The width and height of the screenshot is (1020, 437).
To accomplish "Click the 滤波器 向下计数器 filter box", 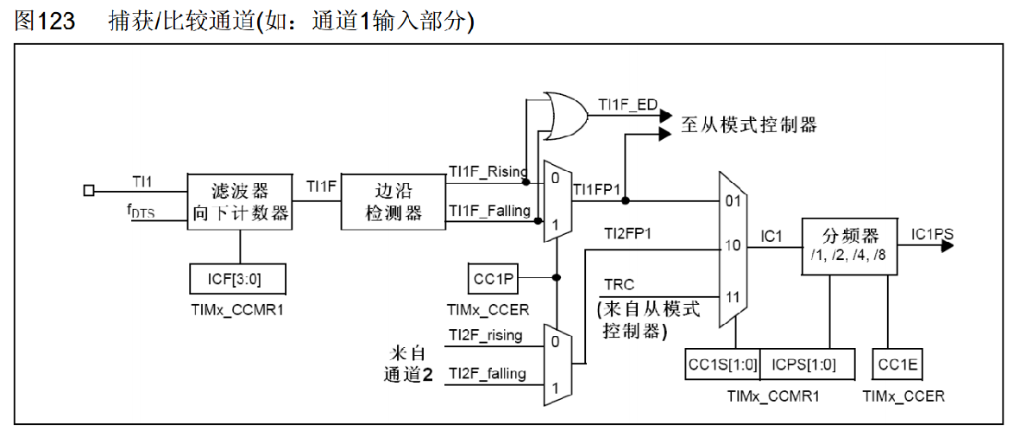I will pos(240,200).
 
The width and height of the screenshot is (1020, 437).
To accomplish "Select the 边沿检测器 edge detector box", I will pos(394,200).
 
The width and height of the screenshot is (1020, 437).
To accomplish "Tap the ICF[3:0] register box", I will pos(236,279).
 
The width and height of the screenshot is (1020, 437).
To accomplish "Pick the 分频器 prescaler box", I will pos(851,245).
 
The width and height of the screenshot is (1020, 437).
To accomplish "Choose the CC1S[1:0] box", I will pos(722,364).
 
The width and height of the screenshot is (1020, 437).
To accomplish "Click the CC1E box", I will pos(897,364).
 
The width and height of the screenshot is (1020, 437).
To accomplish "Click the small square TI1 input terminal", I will pos(88,190).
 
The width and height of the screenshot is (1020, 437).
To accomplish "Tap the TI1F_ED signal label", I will pos(628,105).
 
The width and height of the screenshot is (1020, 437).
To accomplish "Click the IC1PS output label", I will pos(932,233).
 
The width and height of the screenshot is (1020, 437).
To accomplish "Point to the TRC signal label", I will pos(620,284).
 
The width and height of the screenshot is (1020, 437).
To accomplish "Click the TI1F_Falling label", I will pos(488,211).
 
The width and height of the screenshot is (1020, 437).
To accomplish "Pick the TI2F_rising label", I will pos(485,335).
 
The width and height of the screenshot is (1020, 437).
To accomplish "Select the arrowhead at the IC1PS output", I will pos(947,246).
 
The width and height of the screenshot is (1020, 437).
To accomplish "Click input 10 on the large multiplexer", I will pos(733,246).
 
